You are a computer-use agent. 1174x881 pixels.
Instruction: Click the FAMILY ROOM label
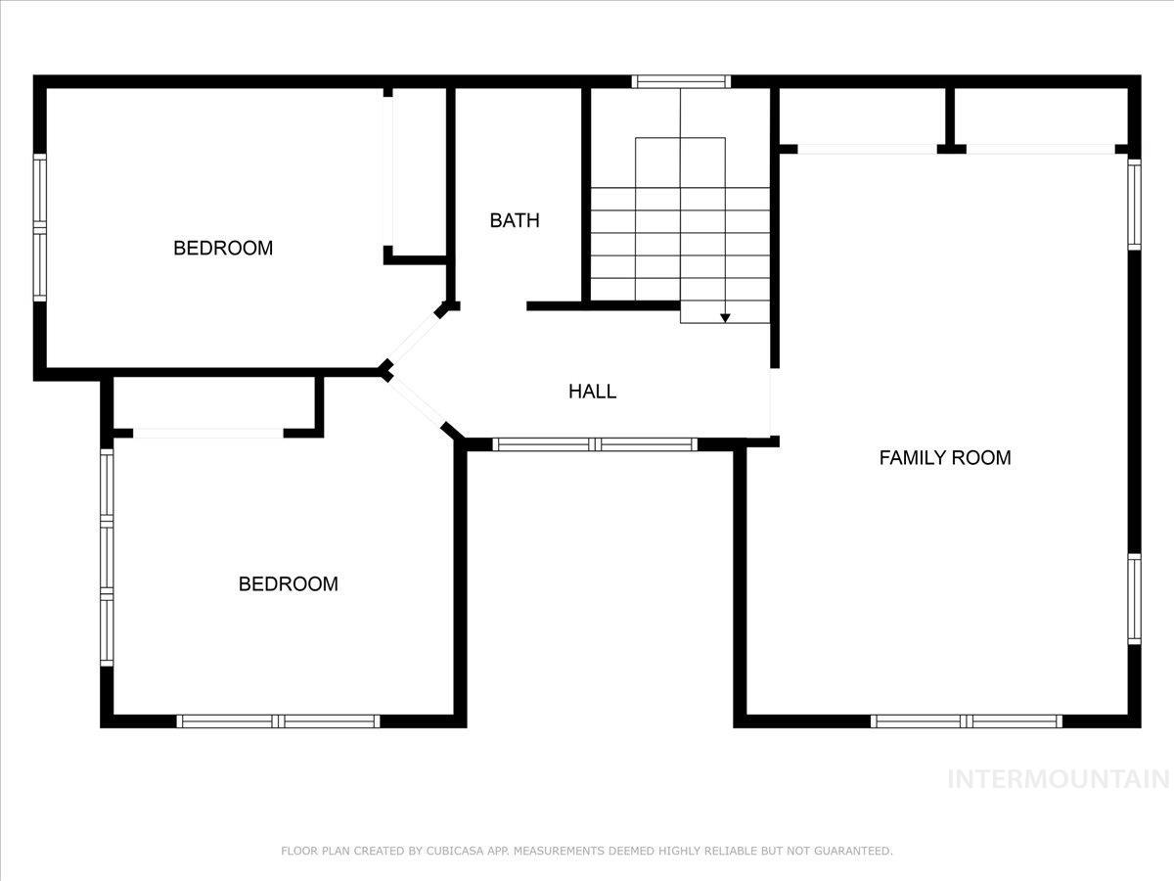coord(944,457)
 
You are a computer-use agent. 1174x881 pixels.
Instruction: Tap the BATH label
coord(514,220)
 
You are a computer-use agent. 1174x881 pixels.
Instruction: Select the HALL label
coord(592,392)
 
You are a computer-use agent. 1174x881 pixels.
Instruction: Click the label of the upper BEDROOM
coord(223,248)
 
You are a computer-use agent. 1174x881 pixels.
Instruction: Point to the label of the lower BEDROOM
coord(289,584)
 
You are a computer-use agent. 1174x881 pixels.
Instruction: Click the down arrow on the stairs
coord(725,316)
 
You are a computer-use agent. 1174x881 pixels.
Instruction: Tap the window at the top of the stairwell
coord(681,82)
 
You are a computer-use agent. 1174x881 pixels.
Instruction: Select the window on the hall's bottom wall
coord(595,444)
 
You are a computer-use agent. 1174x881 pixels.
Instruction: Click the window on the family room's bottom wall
coord(967,721)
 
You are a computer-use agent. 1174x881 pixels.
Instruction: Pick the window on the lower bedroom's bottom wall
coord(279,721)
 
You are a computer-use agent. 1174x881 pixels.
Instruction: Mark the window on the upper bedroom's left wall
coord(40,227)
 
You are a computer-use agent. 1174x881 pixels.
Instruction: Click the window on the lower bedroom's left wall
coord(107,558)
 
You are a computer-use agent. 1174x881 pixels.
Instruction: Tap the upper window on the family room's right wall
coord(1134,204)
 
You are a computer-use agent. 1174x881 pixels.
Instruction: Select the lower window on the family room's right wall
coord(1134,598)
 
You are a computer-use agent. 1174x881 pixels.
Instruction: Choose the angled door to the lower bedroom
coord(417,402)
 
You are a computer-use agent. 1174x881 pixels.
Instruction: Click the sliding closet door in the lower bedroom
coord(208,433)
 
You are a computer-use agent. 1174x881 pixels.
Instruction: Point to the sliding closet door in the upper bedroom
coord(389,172)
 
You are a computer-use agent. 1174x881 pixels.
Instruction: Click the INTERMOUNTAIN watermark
coord(1059,779)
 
